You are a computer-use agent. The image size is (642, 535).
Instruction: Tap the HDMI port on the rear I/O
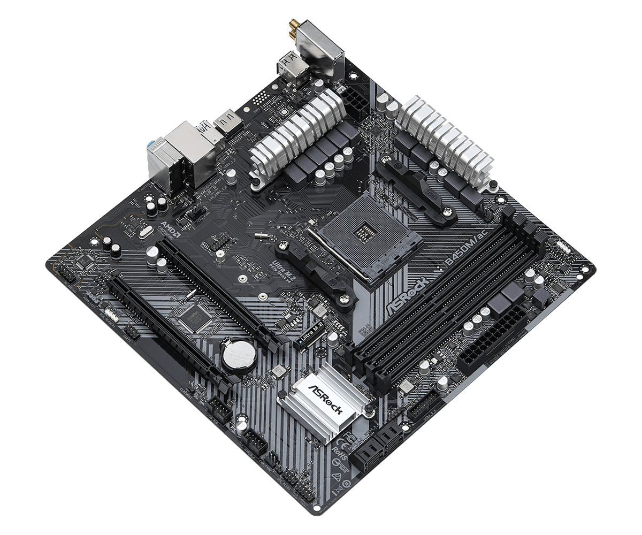click(x=229, y=124)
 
